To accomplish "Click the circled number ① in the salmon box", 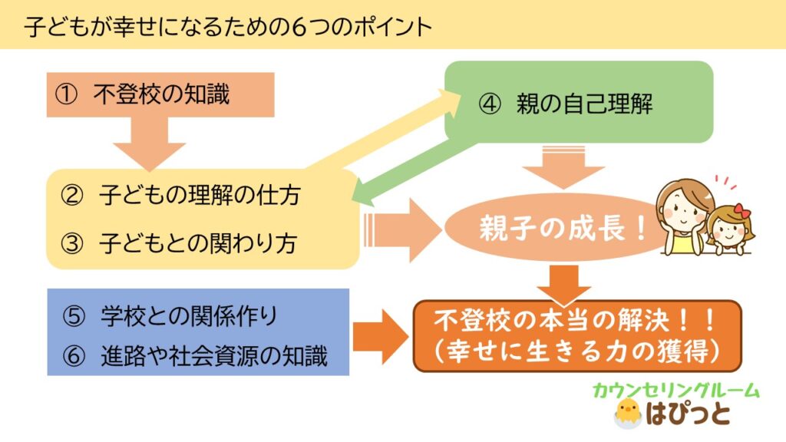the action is tap(66, 94).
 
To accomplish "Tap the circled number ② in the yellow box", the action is tap(72, 196).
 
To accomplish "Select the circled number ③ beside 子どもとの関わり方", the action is tap(72, 243).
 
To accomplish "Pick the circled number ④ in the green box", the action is tap(489, 104).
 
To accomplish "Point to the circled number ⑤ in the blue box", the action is tap(74, 317).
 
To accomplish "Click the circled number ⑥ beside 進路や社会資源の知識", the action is tap(74, 356).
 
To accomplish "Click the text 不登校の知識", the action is tap(161, 94).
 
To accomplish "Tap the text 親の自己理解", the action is tap(584, 104).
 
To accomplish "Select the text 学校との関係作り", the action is tap(189, 316).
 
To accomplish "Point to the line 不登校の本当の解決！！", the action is tap(576, 322).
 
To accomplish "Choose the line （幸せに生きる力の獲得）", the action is tap(576, 351).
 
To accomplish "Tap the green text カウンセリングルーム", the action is tap(676, 391).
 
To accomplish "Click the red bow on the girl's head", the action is tap(741, 210).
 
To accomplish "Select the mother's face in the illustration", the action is tap(683, 208).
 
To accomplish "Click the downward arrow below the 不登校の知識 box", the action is tap(150, 144).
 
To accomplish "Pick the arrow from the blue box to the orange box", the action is tap(381, 337).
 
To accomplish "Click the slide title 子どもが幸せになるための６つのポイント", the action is tap(228, 27).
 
